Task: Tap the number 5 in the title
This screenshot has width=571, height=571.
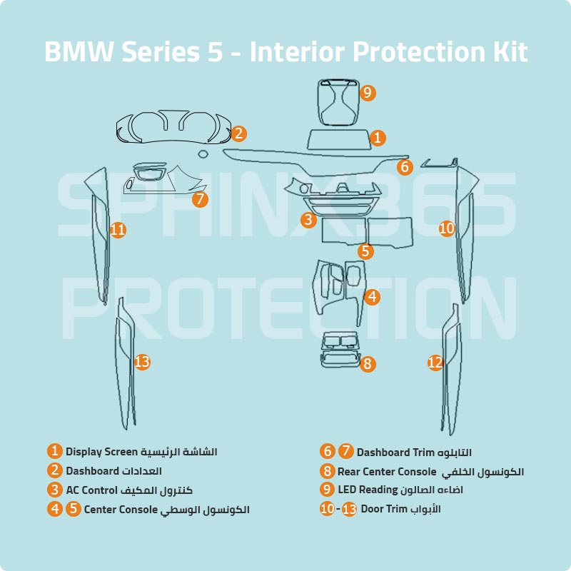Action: coord(215,52)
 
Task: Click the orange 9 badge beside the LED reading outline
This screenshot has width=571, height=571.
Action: coord(367,92)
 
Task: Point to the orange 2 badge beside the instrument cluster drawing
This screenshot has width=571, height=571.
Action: coord(239,133)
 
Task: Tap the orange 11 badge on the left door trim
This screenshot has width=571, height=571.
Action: coord(118,229)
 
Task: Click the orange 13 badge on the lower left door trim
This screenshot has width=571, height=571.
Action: coord(142,362)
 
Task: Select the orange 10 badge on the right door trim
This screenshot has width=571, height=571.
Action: coord(447,228)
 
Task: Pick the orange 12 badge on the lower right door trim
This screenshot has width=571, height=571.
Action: coord(435,363)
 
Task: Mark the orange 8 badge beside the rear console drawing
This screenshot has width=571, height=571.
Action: coord(368,364)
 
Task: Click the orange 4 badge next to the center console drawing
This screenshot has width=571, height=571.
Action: coord(372,297)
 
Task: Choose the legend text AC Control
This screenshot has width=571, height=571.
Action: coord(91,490)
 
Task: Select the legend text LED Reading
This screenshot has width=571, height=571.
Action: coord(367,490)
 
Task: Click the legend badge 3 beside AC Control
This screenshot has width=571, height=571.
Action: coord(55,490)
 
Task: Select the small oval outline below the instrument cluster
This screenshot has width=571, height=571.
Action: coord(203,153)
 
